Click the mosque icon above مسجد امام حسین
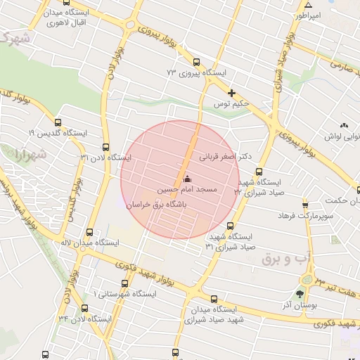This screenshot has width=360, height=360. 186,179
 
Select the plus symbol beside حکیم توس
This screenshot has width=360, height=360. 231,93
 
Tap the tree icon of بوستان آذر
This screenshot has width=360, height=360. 301,293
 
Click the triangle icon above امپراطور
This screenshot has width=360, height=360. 307,4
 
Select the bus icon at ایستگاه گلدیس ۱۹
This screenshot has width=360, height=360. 57,122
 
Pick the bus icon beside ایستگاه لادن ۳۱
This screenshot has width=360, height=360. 106,147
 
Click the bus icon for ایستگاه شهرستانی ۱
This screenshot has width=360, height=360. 124,283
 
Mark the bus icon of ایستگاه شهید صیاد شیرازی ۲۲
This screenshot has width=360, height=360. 259,171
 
